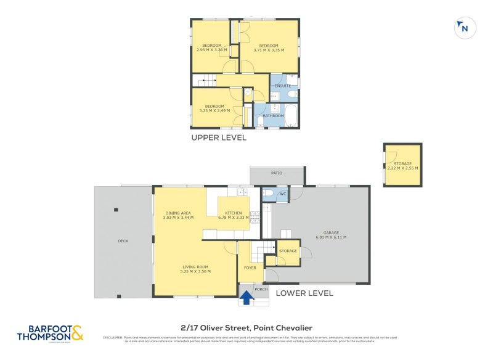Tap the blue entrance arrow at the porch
(246, 298)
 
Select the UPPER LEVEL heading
(219, 137)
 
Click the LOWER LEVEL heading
(304, 293)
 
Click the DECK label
(123, 240)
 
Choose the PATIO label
(277, 173)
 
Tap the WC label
(283, 194)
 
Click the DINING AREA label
(177, 213)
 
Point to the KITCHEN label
(233, 213)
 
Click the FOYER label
(250, 268)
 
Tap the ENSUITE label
(282, 86)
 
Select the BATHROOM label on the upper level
(273, 115)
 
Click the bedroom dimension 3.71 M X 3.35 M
(269, 50)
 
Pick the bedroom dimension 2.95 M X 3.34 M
(212, 50)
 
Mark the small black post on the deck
(115, 210)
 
